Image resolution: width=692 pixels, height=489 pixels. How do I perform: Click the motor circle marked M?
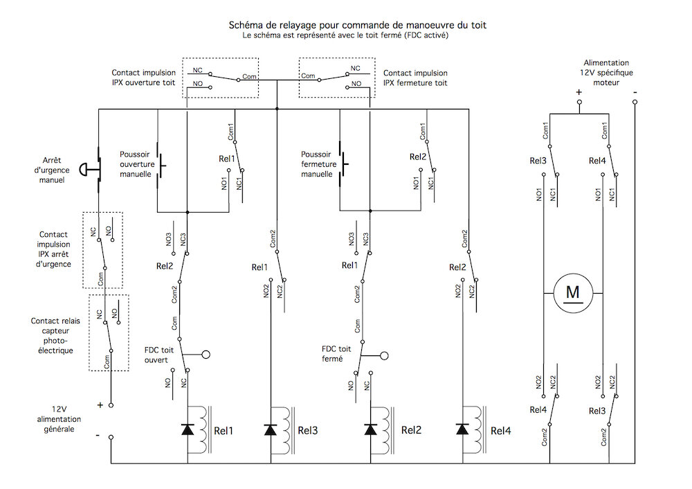pos(573,294)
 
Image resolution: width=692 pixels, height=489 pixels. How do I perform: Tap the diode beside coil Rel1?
pos(188,430)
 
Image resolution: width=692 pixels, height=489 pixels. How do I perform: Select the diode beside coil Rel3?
pos(271,430)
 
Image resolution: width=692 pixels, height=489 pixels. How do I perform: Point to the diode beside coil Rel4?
pos(462,430)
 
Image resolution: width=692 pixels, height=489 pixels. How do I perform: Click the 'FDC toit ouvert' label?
pos(161,355)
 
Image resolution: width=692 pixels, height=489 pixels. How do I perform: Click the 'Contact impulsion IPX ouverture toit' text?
pos(144,78)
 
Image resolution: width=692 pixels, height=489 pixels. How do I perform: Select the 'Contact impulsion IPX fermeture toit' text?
pos(415,78)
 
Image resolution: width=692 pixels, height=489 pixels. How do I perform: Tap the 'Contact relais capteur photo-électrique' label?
pos(57,335)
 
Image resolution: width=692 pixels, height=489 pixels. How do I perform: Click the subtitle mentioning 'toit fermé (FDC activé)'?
pos(346,35)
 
